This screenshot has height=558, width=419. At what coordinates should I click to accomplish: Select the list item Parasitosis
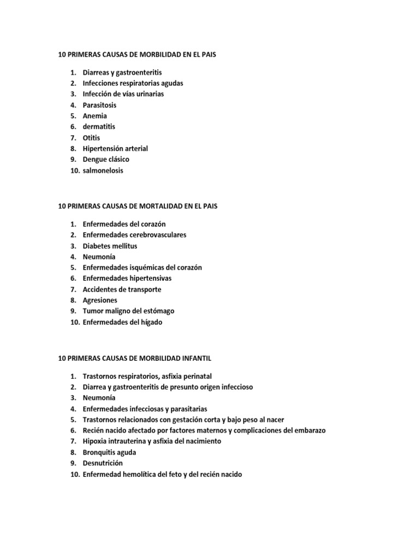tap(99, 105)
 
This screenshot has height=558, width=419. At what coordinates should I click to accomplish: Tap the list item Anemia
tap(95, 116)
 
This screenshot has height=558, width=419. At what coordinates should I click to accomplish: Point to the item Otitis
tap(92, 138)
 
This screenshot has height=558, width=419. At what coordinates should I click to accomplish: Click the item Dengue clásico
tap(106, 160)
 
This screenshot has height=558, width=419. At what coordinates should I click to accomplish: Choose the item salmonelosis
tap(103, 171)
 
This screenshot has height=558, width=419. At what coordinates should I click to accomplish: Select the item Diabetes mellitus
tap(110, 246)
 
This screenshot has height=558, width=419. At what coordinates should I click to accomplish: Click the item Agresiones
tap(100, 300)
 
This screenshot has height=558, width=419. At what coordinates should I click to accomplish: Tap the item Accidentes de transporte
tap(122, 289)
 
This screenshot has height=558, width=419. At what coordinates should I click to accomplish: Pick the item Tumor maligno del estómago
tap(128, 311)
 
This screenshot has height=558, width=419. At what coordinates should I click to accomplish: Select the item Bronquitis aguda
tap(109, 452)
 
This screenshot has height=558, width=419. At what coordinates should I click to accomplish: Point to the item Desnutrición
tap(103, 463)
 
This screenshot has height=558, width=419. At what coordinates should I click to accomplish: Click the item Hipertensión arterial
tap(115, 149)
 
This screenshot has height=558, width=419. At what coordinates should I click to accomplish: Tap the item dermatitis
tap(99, 127)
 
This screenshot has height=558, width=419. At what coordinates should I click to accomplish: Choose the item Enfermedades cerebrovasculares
tap(134, 235)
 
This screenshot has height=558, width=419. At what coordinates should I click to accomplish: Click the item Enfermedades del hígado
tap(122, 322)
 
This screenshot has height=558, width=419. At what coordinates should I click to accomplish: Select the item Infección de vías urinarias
tap(123, 94)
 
